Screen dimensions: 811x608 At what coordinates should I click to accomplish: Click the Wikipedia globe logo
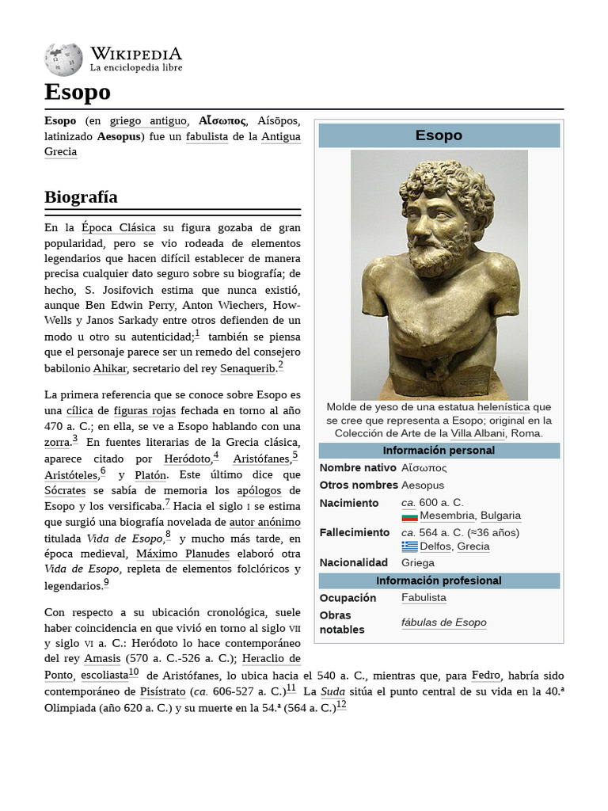(63, 59)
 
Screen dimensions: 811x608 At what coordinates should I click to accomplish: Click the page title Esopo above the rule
(78, 93)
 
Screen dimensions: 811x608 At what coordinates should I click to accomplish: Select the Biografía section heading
(82, 196)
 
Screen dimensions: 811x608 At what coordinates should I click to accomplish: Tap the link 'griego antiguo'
(148, 121)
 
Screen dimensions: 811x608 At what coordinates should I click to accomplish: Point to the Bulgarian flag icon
(409, 516)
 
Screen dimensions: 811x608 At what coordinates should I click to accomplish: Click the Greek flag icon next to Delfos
(409, 546)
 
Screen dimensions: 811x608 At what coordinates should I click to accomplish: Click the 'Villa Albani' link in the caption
(477, 433)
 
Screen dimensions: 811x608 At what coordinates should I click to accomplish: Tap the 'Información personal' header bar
(439, 451)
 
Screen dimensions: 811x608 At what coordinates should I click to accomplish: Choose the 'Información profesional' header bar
(439, 581)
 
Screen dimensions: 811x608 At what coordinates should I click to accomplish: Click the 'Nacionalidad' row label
(353, 562)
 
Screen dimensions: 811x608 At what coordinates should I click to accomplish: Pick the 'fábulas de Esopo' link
(443, 623)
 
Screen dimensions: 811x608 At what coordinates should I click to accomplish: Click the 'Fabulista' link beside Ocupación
(424, 597)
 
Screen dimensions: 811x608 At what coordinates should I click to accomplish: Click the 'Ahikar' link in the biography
(109, 368)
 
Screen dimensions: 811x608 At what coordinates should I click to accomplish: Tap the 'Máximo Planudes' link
(183, 554)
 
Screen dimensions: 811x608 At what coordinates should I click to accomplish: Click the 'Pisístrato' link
(168, 691)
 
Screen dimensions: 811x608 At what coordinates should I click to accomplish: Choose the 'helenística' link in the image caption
(503, 407)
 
